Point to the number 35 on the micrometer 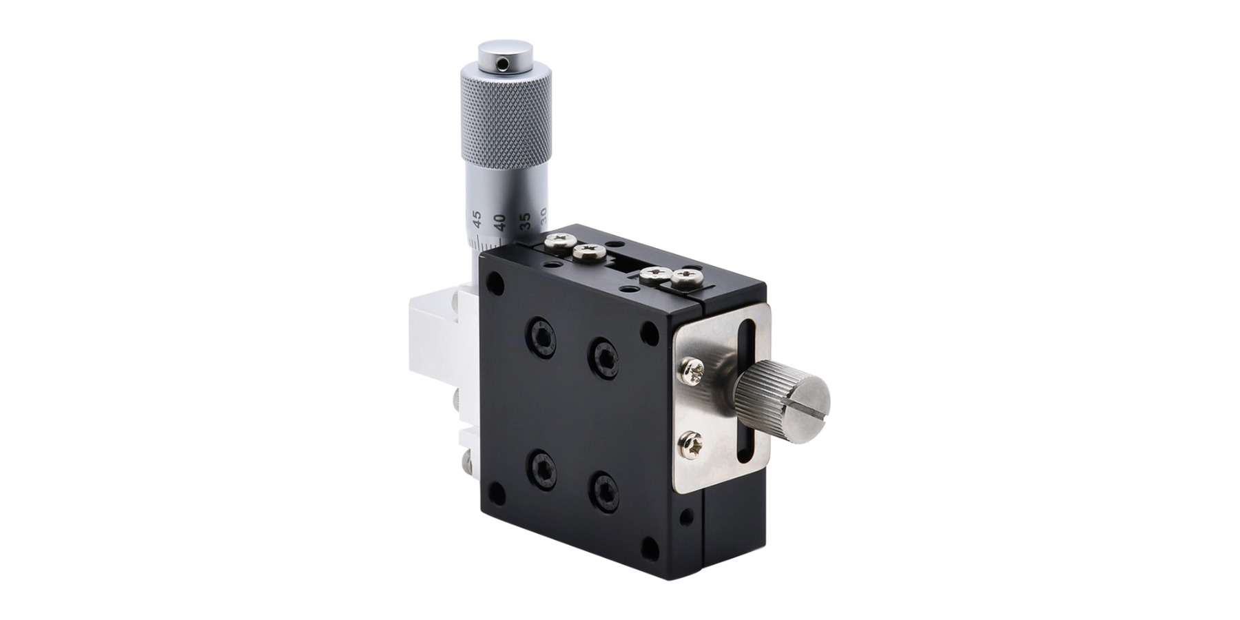click(526, 220)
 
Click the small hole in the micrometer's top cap click(504, 65)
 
